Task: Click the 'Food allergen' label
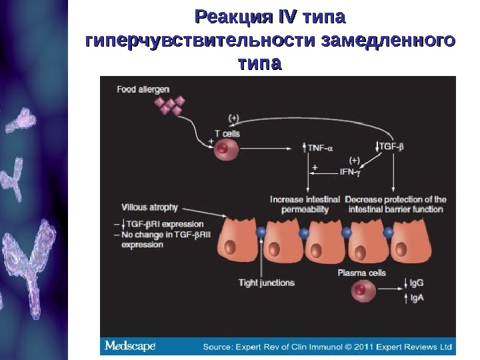[x=143, y=89]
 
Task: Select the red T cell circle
[x=223, y=149]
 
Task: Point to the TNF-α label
[x=321, y=146]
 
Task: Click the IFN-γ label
[x=349, y=172]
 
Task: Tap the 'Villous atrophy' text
[x=151, y=207]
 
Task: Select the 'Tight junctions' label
[x=267, y=283]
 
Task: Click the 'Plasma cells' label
[x=361, y=273]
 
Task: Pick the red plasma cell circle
[x=361, y=291]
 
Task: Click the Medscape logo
[x=130, y=347]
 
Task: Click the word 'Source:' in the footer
[x=219, y=347]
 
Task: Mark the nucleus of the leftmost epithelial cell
[x=230, y=249]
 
